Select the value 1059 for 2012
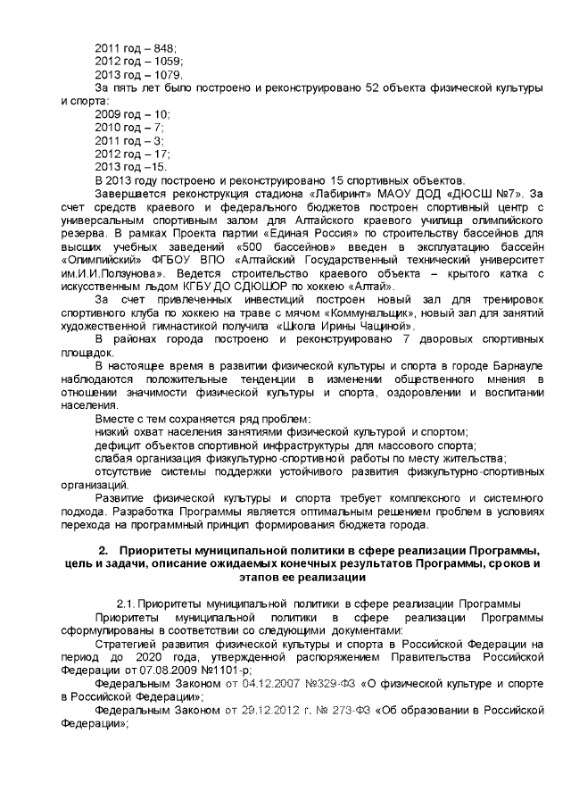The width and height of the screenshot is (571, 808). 168,61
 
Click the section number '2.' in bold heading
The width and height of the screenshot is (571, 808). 103,547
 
